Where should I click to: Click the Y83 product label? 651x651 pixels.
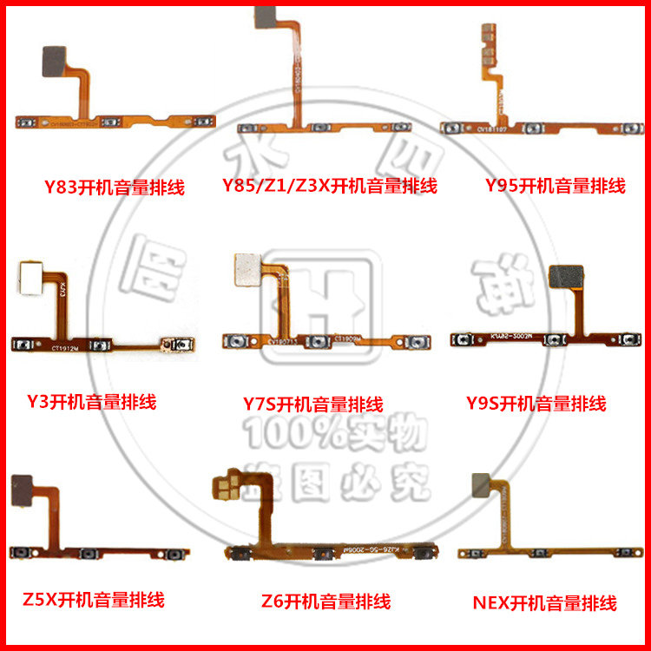point(115,187)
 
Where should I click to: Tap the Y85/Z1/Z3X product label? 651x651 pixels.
point(329,186)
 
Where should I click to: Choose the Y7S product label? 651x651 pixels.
point(313,404)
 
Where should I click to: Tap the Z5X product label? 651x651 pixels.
point(94,599)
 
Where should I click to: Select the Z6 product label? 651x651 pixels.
point(325,601)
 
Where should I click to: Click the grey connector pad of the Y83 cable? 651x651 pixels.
point(56,60)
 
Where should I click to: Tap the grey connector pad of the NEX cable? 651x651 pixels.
point(484,486)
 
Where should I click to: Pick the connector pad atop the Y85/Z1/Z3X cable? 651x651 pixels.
point(269,15)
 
